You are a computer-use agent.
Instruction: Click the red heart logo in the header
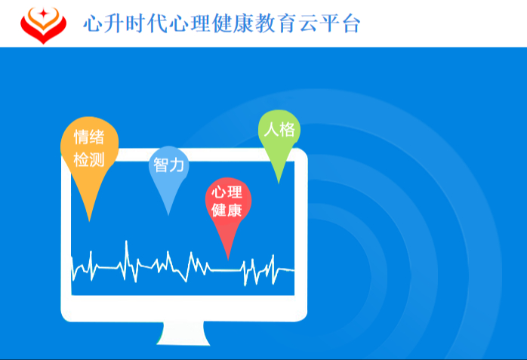pyautogui.click(x=42, y=24)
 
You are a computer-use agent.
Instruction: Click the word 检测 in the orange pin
pyautogui.click(x=89, y=160)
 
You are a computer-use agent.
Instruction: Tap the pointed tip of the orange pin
pyautogui.click(x=90, y=219)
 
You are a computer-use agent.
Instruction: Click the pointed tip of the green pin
pyautogui.click(x=279, y=181)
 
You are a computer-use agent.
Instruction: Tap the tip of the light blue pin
pyautogui.click(x=168, y=213)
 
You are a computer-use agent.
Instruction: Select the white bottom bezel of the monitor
pyautogui.click(x=185, y=305)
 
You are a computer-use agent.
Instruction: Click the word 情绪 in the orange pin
pyautogui.click(x=89, y=137)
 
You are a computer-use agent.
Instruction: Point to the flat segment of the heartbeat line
pyautogui.click(x=227, y=269)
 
